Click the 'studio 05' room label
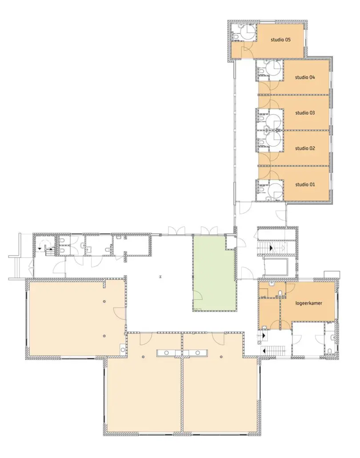[x=280, y=40]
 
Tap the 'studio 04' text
[x=305, y=77]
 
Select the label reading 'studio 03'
[x=305, y=113]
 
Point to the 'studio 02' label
[x=305, y=149]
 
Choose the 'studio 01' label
[x=305, y=185]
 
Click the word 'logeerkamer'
[x=308, y=303]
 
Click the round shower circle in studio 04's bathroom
[x=274, y=68]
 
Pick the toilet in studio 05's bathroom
[x=235, y=36]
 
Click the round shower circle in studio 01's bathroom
[x=274, y=189]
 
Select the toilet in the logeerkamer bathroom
[x=280, y=293]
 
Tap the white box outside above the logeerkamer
[x=332, y=274]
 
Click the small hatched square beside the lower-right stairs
[x=259, y=342]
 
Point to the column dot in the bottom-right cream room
[x=221, y=357]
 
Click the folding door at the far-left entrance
[x=30, y=266]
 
